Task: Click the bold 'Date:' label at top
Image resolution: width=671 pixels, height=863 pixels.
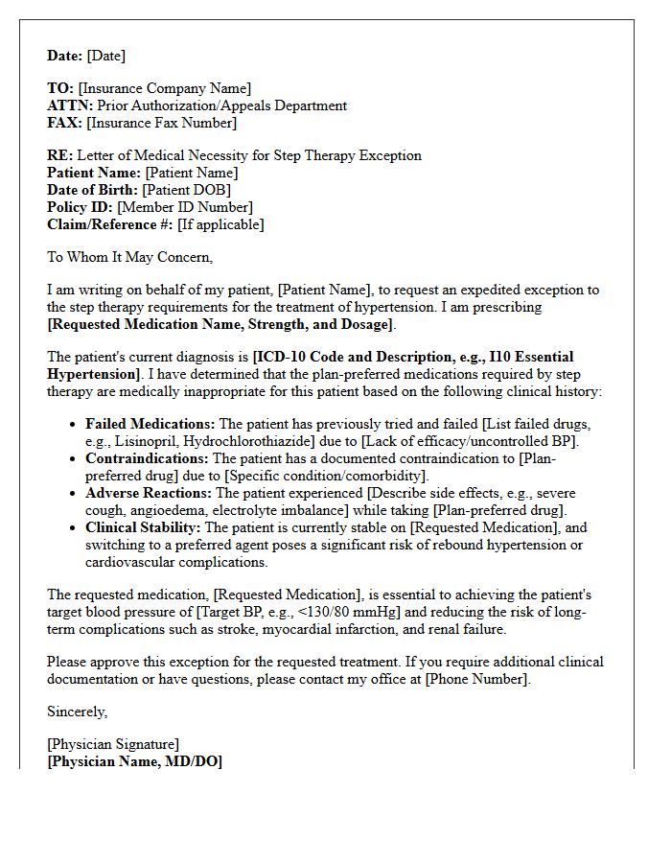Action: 65,56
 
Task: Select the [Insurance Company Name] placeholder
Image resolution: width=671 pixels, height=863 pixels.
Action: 165,88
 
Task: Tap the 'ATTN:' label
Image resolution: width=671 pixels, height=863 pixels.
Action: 70,105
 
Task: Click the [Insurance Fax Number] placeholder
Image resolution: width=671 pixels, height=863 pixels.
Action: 161,123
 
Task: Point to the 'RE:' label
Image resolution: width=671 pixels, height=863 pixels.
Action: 59,155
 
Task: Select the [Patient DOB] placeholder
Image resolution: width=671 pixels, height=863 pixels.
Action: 186,190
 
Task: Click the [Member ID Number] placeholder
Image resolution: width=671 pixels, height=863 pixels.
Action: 185,207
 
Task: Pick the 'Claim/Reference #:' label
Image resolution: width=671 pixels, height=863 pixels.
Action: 110,224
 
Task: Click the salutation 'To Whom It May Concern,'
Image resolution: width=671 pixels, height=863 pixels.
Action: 129,257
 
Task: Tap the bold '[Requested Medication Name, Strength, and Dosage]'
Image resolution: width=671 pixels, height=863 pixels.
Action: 220,324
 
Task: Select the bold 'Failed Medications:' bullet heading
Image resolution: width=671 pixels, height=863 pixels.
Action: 150,424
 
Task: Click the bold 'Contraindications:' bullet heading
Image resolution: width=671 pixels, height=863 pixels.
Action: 146,458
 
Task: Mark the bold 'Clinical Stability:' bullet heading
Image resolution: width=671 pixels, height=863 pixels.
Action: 144,527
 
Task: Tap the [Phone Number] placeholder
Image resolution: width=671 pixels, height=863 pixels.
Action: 475,679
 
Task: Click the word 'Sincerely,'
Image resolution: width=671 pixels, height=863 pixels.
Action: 78,711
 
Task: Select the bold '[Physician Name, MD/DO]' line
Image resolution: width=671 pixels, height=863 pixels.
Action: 134,761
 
